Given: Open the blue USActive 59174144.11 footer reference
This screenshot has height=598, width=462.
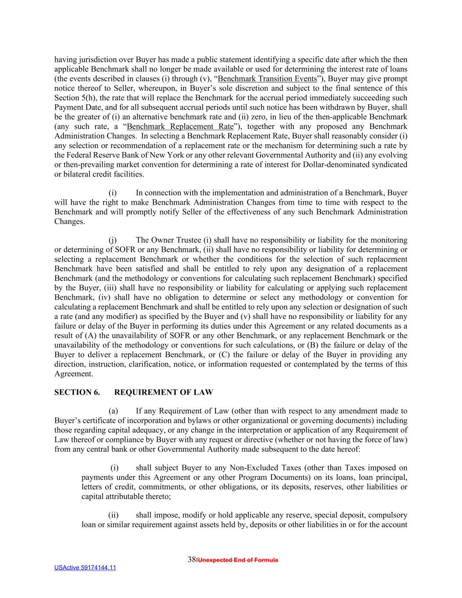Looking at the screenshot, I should click(85, 568).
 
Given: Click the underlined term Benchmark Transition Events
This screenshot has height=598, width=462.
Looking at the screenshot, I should click(267, 79).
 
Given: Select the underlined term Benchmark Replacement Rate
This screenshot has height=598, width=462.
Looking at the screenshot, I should click(180, 127).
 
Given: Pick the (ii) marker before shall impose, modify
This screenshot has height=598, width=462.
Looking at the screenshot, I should click(113, 516).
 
